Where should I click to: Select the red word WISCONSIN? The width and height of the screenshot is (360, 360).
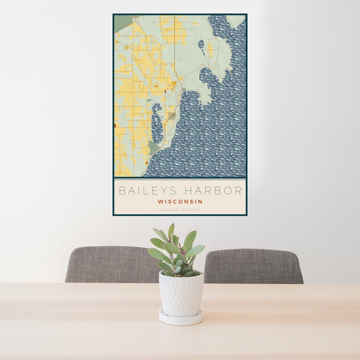180,202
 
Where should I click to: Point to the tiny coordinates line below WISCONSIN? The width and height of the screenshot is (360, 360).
180,209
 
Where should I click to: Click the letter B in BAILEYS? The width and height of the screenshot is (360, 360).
122,191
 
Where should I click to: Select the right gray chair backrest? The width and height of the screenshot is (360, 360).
253,265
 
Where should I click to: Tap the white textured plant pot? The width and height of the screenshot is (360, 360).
181,293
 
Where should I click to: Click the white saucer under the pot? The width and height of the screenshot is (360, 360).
181,317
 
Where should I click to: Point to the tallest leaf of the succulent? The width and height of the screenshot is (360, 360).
171,231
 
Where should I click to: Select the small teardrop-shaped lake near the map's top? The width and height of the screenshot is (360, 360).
201,44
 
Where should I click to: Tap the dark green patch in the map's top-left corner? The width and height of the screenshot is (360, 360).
122,23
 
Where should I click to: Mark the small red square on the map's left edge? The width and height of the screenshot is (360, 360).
115,125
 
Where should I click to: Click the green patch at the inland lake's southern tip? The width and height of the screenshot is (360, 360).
154,147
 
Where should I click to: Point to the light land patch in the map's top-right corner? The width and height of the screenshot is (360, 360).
236,21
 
